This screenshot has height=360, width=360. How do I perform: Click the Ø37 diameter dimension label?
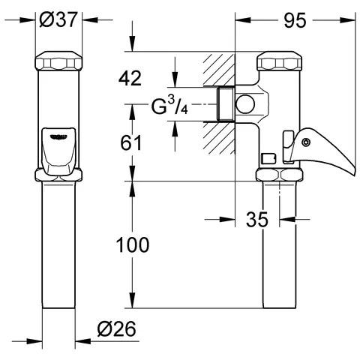click(x=59, y=21)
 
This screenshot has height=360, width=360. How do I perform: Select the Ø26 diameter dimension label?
click(x=116, y=329)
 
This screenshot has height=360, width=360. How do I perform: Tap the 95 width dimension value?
click(x=295, y=21)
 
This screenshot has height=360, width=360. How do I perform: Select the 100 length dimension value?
click(x=133, y=245)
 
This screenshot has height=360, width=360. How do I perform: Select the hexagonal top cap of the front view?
click(x=59, y=61)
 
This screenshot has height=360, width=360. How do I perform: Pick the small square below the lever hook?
click(x=266, y=158)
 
